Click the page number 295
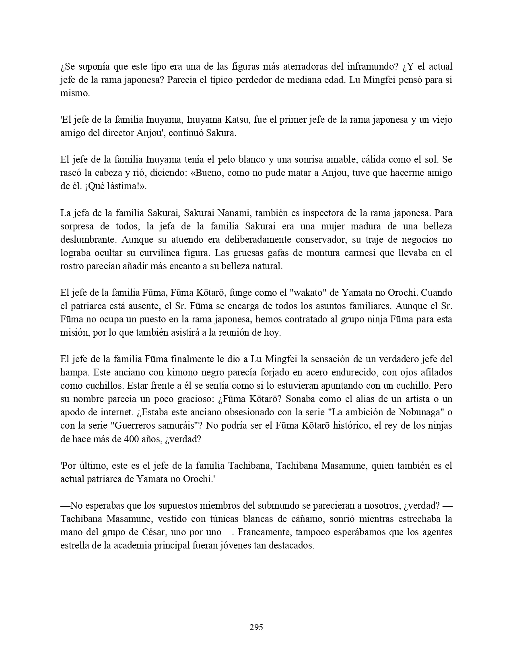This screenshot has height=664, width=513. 256,627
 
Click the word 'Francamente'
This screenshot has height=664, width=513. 264,532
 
